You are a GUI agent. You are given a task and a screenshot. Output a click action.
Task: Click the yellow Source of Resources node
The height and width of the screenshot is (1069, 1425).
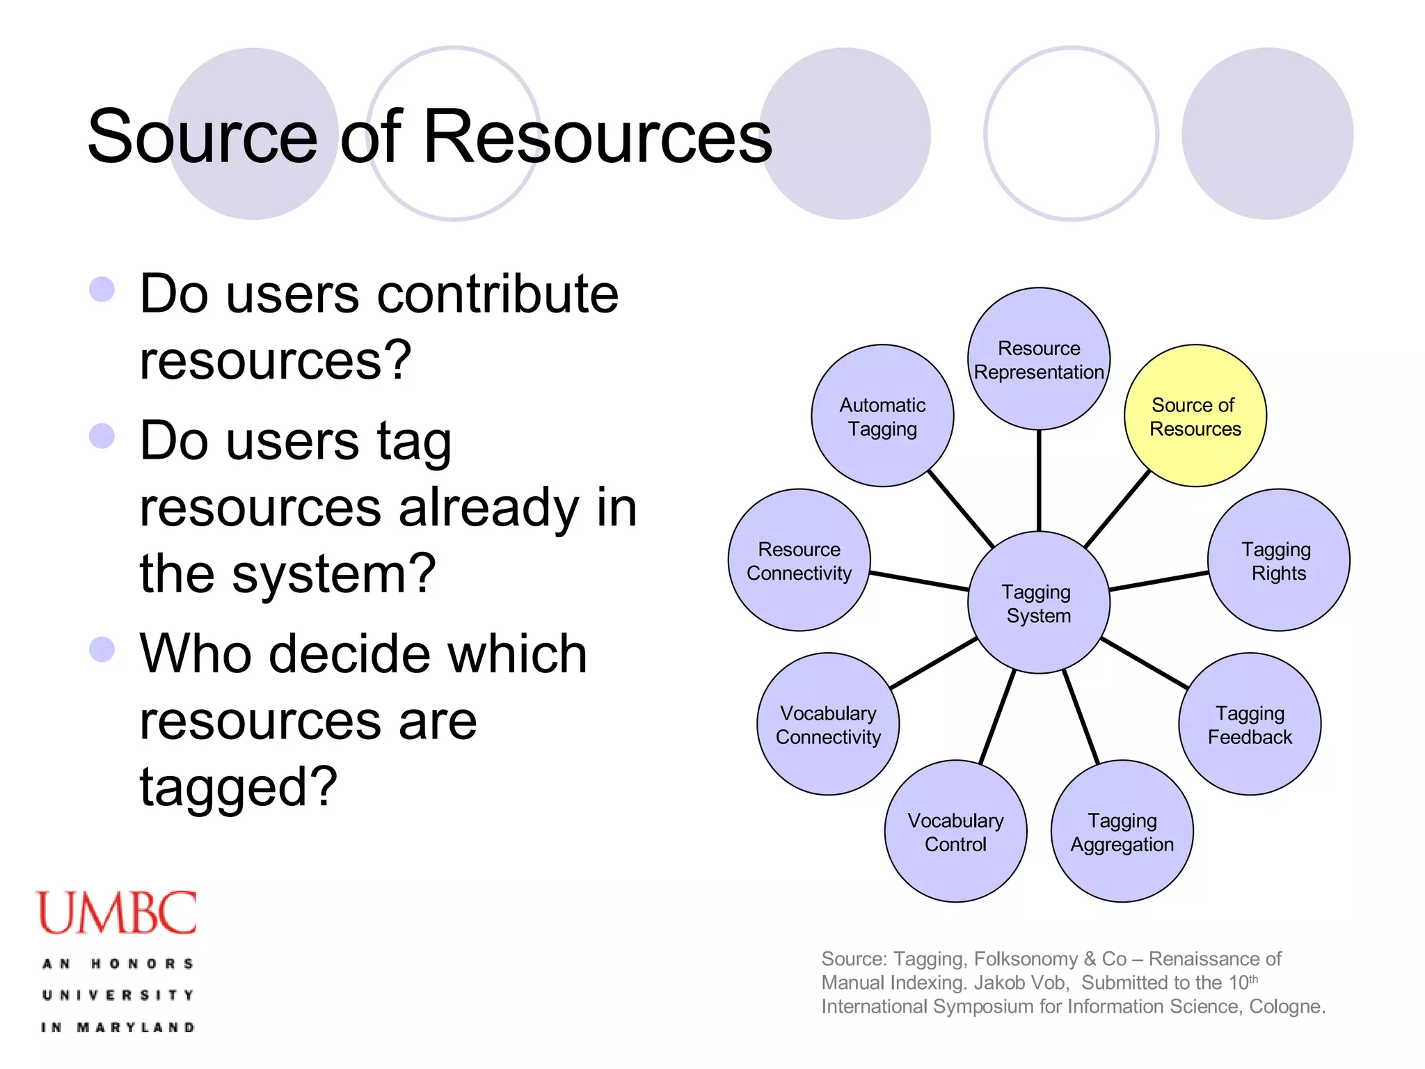click(1195, 416)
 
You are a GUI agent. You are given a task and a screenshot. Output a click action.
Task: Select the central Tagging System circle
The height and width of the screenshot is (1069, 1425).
click(1038, 603)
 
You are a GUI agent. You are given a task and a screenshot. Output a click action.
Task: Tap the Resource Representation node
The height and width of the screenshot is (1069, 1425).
click(1038, 359)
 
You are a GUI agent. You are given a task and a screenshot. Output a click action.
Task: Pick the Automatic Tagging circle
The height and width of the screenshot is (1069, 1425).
click(882, 416)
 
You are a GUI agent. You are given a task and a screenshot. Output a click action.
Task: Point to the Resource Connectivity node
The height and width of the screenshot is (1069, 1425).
click(799, 560)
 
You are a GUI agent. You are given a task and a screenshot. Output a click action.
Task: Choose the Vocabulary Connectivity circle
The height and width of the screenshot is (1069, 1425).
click(828, 724)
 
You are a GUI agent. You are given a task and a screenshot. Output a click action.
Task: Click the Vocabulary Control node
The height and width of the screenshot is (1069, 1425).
click(955, 832)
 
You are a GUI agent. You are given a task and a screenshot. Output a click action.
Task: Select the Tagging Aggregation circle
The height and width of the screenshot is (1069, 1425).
click(1122, 832)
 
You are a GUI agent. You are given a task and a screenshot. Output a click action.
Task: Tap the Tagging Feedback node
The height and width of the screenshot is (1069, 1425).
click(1250, 724)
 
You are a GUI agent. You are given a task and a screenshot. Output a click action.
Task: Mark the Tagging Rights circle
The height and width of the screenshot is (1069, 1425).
click(1278, 560)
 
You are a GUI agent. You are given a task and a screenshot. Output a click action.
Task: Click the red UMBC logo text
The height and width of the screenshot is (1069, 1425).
click(117, 912)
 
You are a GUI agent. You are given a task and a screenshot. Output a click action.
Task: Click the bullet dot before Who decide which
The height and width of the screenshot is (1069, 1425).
click(102, 649)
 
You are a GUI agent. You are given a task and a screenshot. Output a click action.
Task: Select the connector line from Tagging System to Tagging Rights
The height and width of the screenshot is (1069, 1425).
click(1159, 581)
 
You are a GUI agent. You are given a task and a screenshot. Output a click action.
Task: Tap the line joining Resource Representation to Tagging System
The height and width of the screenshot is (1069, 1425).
click(1039, 480)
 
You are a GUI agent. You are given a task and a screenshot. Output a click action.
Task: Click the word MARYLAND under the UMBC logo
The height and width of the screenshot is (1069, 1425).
click(136, 1027)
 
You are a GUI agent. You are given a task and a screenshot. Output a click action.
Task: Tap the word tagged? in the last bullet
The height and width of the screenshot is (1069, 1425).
click(238, 787)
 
